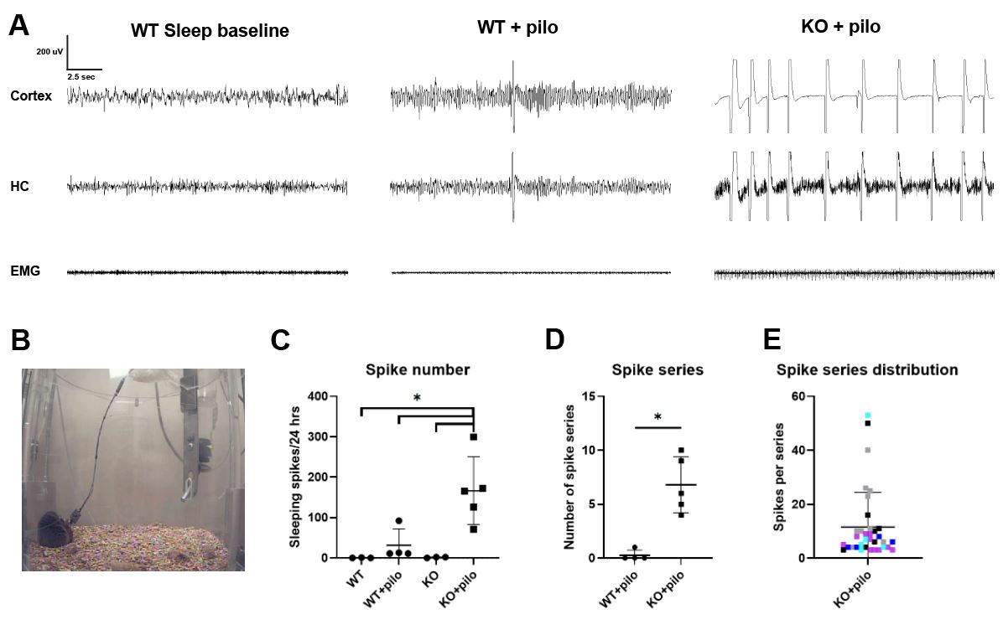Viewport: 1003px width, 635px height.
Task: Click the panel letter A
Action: pos(19,25)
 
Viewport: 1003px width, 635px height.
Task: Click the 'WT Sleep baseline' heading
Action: pos(210,31)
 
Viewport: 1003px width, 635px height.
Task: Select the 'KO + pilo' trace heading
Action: pos(840,27)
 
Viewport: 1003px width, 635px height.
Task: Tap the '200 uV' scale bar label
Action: pos(49,51)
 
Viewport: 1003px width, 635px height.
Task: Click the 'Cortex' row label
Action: pos(31,96)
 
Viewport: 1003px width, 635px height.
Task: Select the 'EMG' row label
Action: pos(26,271)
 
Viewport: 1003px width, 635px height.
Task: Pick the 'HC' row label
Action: pos(19,186)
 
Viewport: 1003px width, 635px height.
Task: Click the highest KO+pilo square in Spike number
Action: pos(474,437)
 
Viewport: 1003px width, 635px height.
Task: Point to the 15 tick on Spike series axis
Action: pos(598,396)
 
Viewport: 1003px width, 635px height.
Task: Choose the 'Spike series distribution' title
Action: pos(866,369)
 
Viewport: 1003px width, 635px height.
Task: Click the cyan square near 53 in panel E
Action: pos(868,416)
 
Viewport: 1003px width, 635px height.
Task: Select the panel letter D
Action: pos(556,341)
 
